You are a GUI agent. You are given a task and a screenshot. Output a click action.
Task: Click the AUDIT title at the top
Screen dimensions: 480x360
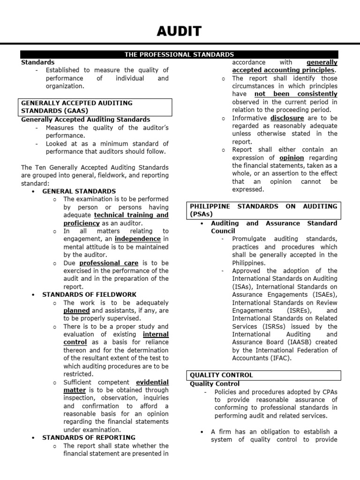click(x=180, y=31)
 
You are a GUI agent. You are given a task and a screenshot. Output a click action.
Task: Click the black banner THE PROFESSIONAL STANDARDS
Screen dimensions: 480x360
click(x=179, y=55)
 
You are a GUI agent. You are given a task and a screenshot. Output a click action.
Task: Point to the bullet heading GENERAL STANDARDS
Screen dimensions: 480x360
click(x=79, y=191)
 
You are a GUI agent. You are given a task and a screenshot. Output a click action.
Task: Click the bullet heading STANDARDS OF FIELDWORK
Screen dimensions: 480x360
click(x=89, y=294)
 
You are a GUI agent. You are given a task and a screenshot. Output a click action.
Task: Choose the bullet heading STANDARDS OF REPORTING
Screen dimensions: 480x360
click(x=89, y=437)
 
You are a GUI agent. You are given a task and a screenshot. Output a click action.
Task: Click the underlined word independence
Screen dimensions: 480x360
click(x=137, y=239)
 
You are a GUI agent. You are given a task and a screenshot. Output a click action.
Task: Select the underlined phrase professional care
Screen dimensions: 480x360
click(x=109, y=263)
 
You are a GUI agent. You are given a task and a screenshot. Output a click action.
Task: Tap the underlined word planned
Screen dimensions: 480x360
click(x=76, y=310)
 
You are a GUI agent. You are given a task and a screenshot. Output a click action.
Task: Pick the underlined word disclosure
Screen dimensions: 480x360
click(x=287, y=118)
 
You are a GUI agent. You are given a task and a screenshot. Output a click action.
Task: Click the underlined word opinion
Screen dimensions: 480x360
click(x=292, y=158)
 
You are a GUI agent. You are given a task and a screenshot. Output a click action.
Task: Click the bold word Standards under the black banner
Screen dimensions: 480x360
click(x=37, y=62)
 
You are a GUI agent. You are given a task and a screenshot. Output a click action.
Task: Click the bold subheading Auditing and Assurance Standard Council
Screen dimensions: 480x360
click(x=273, y=227)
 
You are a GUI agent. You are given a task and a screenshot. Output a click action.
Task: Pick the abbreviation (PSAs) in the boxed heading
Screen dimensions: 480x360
click(x=201, y=214)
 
